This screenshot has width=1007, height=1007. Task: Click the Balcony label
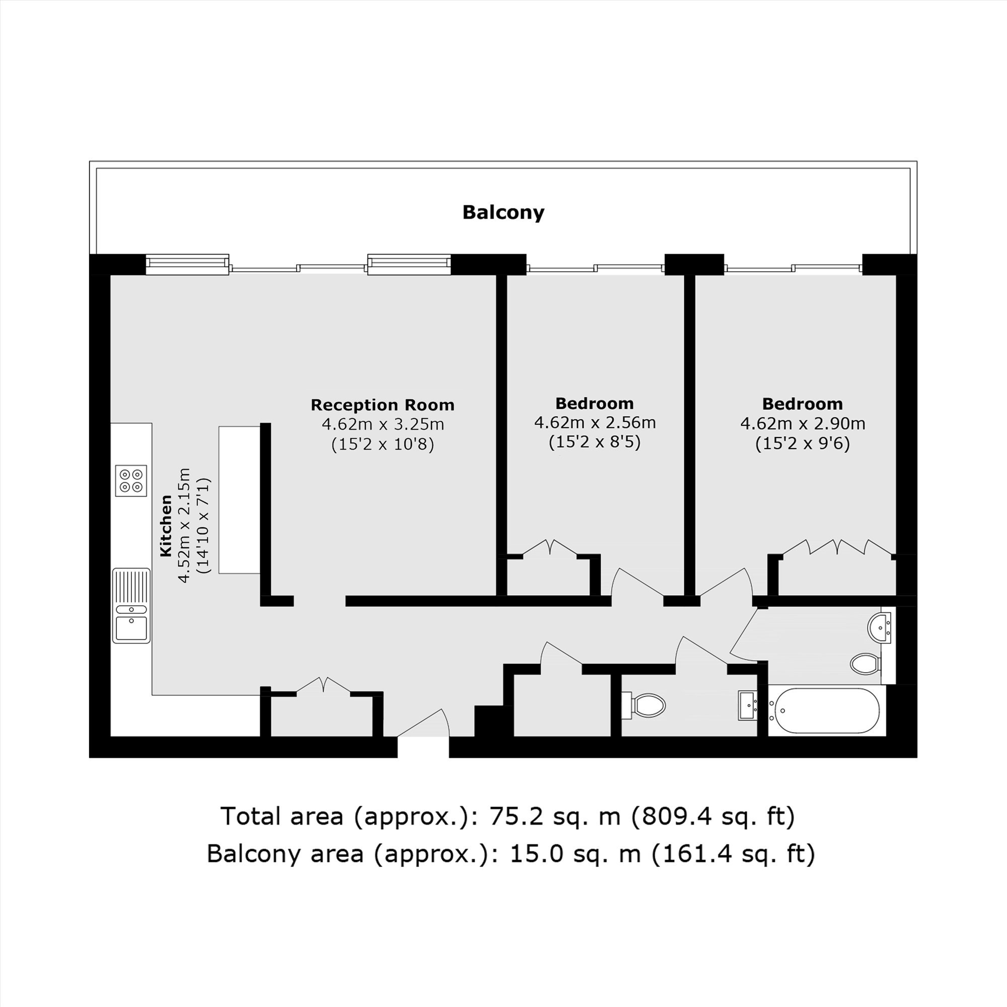[x=503, y=212]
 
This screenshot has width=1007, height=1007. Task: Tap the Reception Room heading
[x=383, y=405]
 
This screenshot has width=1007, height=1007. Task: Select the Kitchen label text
[x=166, y=526]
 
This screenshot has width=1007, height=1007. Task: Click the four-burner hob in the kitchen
[x=131, y=480]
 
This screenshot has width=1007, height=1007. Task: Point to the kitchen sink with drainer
[x=131, y=606]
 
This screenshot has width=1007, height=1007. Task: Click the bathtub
[x=827, y=710]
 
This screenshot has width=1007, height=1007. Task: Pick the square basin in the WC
[x=748, y=706]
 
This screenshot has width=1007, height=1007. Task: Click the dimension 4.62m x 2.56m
[x=595, y=422]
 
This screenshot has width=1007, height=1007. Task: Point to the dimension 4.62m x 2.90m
[x=803, y=423]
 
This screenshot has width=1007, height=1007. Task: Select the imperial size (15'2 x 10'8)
[x=383, y=444]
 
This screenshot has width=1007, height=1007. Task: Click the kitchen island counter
[x=239, y=500]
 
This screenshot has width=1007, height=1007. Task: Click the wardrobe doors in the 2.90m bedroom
[x=837, y=547]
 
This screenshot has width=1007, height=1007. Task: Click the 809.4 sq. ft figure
[x=713, y=816]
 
